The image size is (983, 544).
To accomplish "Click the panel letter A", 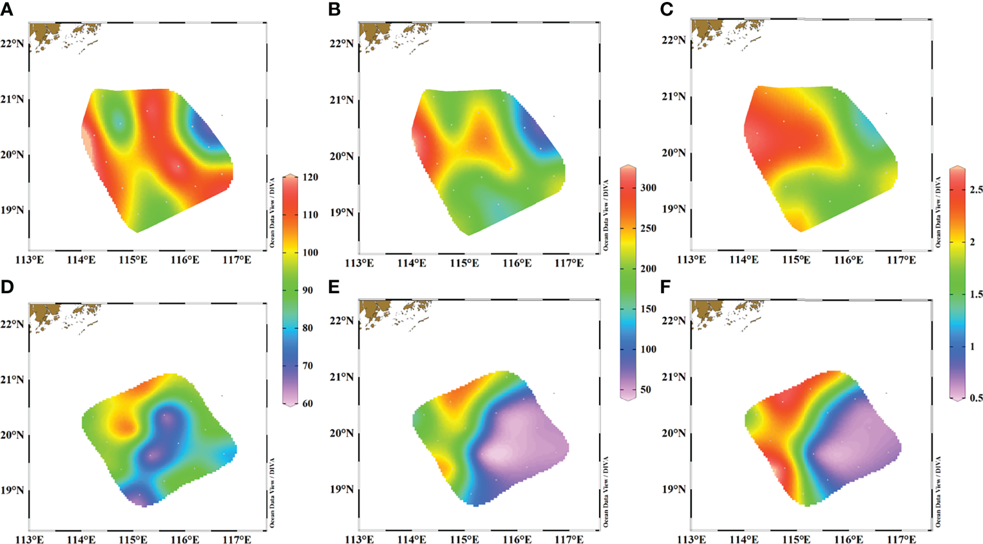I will tap(7, 9).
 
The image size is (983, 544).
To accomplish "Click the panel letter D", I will tap(7, 287).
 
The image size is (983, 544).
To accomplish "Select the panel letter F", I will tap(665, 287).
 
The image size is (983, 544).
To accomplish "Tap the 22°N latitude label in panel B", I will tap(341, 44).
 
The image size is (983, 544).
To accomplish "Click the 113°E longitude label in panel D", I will tap(30, 539).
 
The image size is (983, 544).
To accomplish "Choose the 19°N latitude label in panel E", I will tap(341, 489).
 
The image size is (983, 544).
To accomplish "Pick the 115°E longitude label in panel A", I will tap(133, 260).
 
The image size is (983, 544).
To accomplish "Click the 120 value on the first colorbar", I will tap(310, 177).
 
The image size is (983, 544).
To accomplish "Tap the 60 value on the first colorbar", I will tap(308, 403).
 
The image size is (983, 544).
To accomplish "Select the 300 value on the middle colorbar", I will tap(648, 188).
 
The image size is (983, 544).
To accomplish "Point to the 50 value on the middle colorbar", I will tap(645, 390).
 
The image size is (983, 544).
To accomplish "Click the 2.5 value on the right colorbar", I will tap(976, 189).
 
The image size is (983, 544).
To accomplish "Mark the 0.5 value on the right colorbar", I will tap(976, 398).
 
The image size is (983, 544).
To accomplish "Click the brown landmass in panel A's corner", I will tap(45, 34).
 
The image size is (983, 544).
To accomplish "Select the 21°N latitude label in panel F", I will tap(674, 377).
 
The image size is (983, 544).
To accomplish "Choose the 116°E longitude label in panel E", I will tap(517, 539).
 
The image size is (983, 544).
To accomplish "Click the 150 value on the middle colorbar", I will tap(648, 309).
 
